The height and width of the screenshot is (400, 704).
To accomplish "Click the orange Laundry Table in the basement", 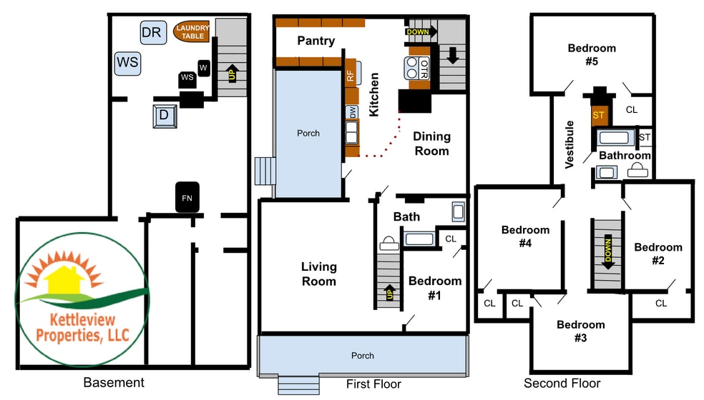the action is pos(192,31).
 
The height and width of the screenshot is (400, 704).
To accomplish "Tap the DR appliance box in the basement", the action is pos(153,32).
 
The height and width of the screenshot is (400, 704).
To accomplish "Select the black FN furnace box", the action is pos(187,197).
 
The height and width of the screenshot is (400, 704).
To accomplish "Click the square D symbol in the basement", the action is pos(165,116).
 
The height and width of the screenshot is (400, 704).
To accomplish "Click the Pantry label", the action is pos(316,41).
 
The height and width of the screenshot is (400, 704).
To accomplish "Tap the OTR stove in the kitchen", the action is pos(417,68).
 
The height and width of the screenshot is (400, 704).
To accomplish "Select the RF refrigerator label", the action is pos(350,76).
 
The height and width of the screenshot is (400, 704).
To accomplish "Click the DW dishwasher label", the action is pos(353,112).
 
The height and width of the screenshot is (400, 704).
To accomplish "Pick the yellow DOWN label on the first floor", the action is pos(418,32).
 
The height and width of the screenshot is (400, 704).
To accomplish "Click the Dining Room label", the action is pos(431,144).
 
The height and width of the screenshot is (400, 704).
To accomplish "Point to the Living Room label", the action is pos(319,274).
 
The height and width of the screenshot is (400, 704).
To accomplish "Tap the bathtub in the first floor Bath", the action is pos(419,238).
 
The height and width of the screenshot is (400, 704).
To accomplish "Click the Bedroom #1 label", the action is pos(434,288).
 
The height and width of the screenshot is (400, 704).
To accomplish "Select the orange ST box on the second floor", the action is pos(599,115).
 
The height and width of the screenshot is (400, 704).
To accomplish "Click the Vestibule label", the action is pos(569,144).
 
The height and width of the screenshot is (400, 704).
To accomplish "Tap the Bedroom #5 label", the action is pos(592,55).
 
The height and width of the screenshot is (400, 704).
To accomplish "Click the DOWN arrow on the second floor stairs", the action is pos(608,251).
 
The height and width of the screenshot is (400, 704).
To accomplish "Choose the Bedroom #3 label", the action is pos(580,331).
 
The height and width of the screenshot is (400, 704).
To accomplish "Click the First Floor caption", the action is pos(373,384).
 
